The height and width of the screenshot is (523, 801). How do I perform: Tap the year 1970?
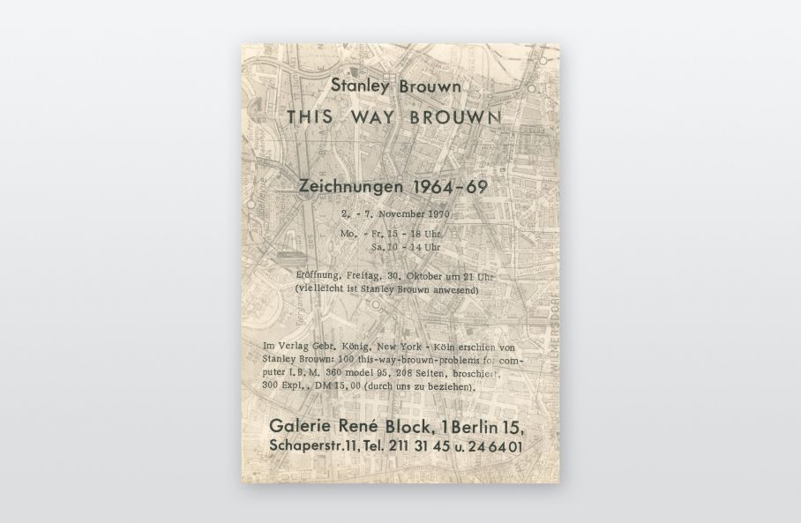click(x=437, y=214)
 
